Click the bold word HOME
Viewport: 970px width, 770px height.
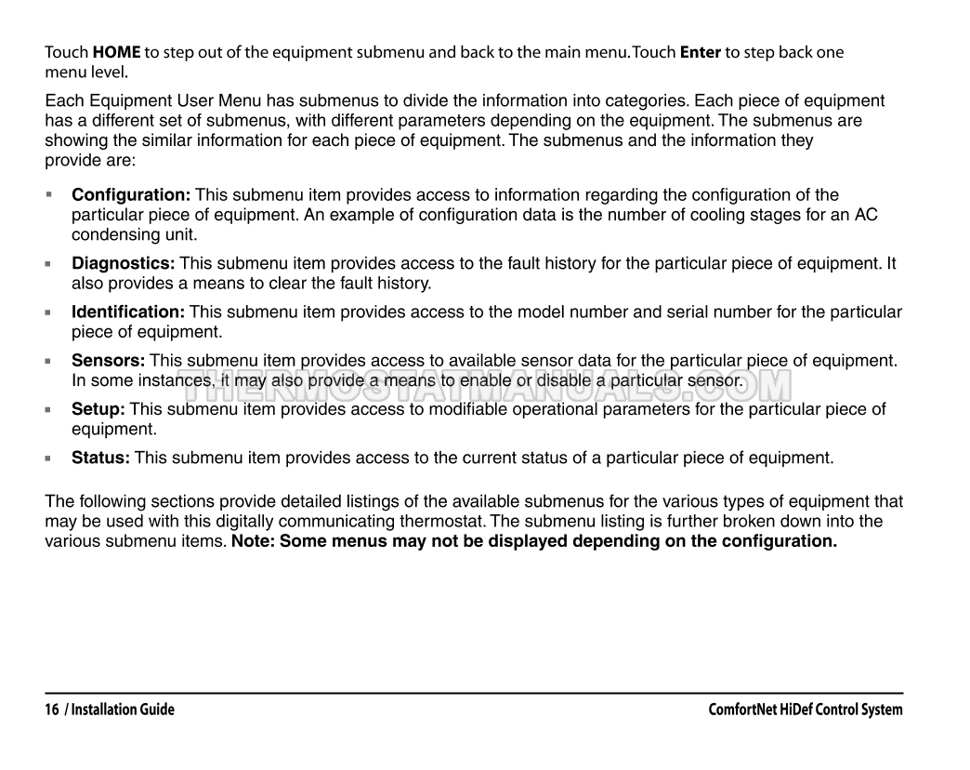point(117,53)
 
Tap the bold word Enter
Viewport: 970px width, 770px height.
point(701,53)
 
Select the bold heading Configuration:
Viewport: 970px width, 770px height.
point(131,195)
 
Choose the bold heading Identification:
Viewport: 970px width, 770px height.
point(128,312)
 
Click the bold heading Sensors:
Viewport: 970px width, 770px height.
point(109,361)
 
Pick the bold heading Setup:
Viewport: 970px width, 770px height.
point(98,409)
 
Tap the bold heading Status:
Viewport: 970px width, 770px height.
point(100,458)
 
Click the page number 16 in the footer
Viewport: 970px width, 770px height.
point(53,710)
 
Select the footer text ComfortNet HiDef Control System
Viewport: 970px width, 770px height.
point(805,710)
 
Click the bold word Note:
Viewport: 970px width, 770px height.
point(253,540)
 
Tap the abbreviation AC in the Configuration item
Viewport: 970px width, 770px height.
point(866,215)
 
